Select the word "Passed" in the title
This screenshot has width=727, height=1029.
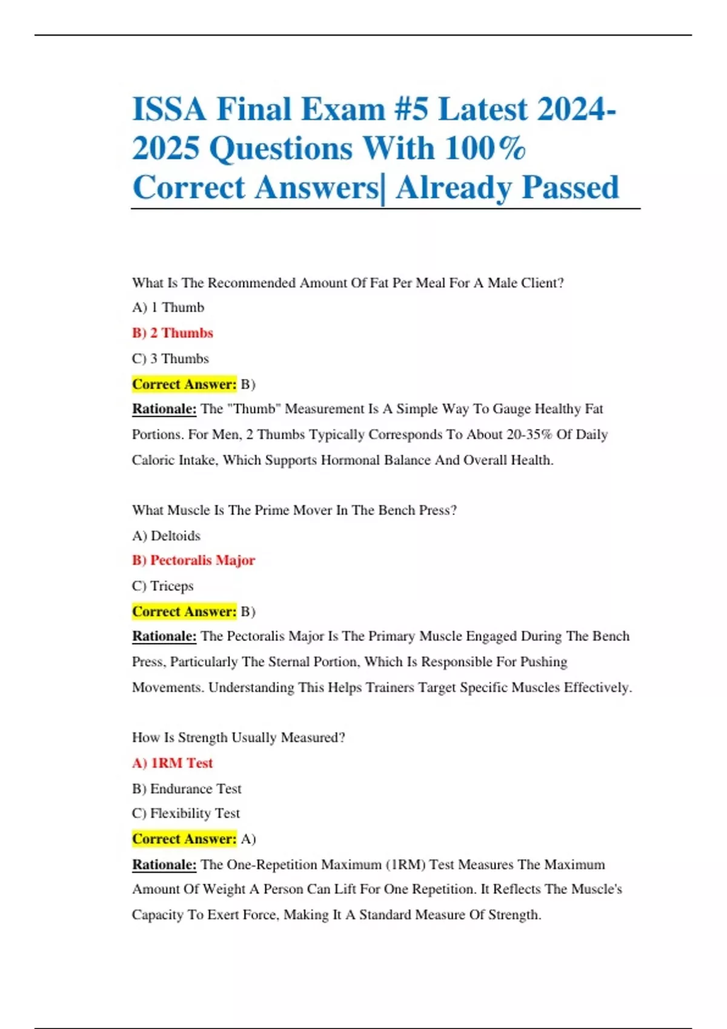[x=570, y=187]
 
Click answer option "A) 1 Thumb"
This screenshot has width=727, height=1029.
[x=168, y=307]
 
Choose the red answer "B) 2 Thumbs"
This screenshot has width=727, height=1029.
[x=173, y=333]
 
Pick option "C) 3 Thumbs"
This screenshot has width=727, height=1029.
[x=170, y=358]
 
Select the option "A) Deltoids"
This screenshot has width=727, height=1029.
[x=166, y=536]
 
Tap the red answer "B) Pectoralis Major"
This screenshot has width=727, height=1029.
[x=193, y=561]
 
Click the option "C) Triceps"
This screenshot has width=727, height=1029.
[x=162, y=586]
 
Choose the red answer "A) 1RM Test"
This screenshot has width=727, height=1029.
[x=172, y=763]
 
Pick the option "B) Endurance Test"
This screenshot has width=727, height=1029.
[x=187, y=789]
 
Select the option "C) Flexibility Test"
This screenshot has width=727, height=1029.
[x=186, y=814]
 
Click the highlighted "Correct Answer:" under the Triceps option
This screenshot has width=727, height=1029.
[x=184, y=611]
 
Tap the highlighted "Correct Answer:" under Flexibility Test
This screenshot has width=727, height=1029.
[x=184, y=839]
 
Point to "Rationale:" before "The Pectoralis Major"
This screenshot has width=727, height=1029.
[x=164, y=636]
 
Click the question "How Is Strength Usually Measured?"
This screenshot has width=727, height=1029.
[x=239, y=738]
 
